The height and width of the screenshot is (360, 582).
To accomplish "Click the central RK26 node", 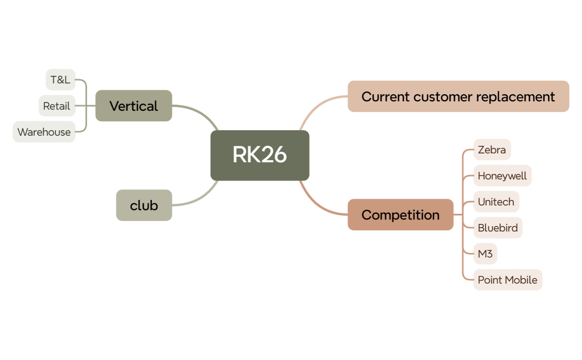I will [259, 155].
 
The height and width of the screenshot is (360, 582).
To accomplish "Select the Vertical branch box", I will [134, 106].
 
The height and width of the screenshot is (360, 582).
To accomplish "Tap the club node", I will [144, 205].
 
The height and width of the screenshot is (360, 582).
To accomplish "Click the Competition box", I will [400, 215].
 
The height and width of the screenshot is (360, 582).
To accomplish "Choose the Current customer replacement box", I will [458, 96].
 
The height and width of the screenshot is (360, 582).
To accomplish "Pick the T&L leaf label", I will [60, 80].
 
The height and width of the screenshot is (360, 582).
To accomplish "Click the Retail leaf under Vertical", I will [57, 106].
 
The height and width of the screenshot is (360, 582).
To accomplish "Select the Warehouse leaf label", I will [44, 132].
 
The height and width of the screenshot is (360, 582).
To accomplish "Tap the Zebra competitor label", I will [492, 150].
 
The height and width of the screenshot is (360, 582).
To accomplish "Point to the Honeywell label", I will [502, 176].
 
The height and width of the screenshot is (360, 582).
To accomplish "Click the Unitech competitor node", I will [496, 202].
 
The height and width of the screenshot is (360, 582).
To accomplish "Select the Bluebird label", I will [498, 228].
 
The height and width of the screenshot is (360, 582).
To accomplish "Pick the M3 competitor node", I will [485, 254].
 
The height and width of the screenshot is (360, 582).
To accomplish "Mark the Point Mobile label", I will [507, 280].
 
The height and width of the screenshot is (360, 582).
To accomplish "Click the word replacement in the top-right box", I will [520, 96].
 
